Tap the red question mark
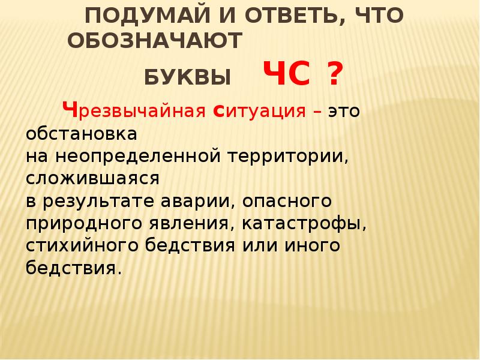tap(335, 76)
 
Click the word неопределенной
tap(136, 155)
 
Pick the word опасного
tap(281, 200)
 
